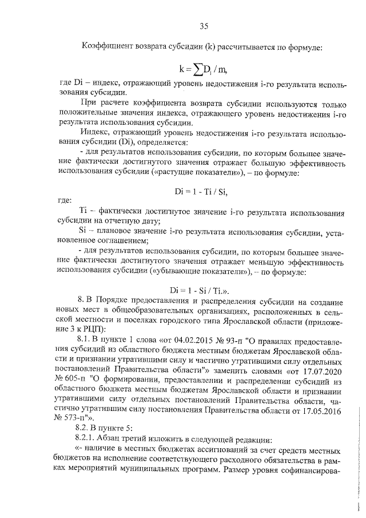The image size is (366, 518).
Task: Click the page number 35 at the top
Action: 203,25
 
